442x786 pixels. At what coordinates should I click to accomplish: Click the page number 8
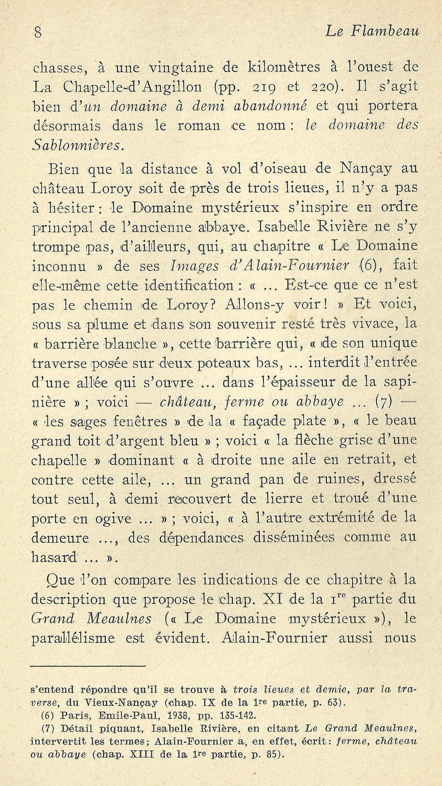[x=38, y=33]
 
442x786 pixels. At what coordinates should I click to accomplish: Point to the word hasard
[x=54, y=558]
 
